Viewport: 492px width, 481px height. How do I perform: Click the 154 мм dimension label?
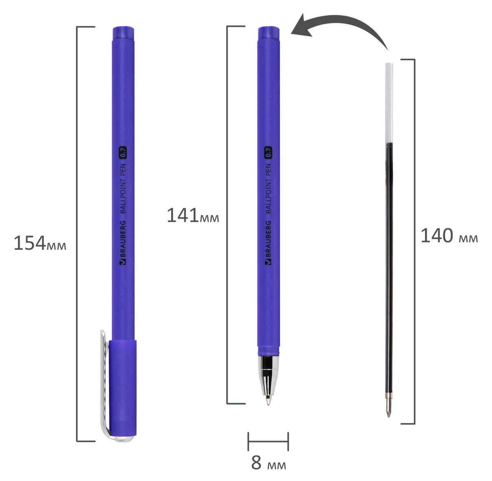point(40,243)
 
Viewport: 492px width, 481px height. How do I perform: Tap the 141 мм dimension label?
point(193,215)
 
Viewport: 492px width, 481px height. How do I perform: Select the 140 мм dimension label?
point(449,236)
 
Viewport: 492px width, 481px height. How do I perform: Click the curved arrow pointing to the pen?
point(346,20)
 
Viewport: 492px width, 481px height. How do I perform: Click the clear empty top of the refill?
point(389,103)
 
